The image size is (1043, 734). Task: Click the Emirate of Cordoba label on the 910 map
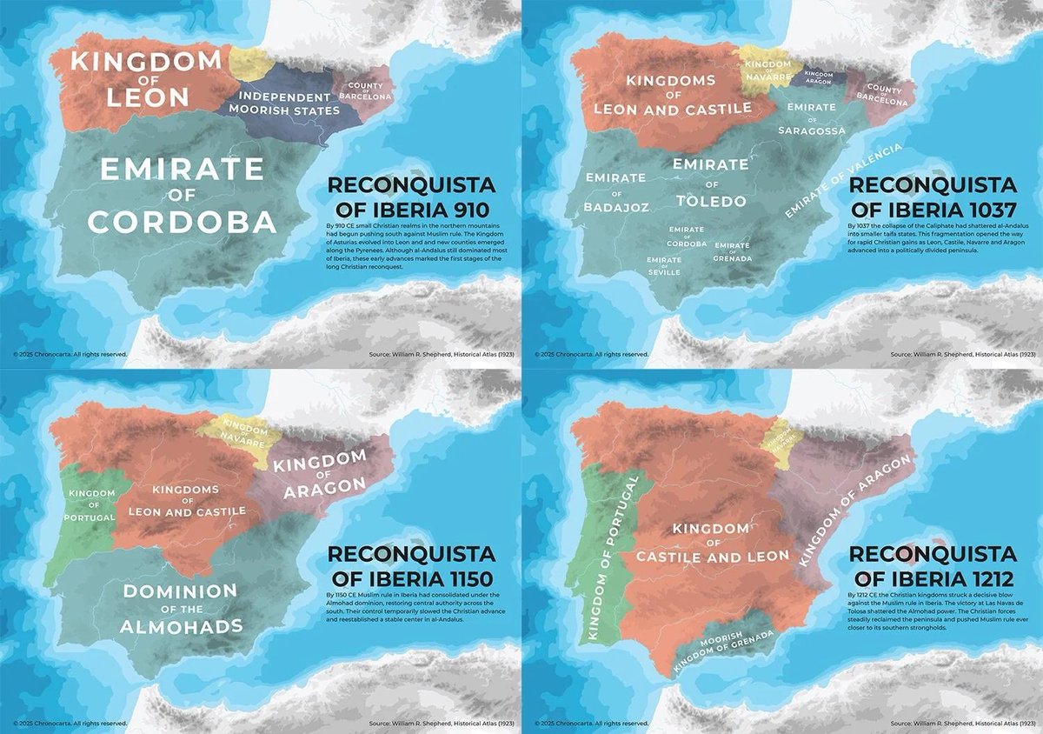coord(182,195)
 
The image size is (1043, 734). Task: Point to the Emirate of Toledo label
coord(711,183)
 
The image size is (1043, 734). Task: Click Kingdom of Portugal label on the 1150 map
coord(90,508)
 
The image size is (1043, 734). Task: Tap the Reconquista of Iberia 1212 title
coord(932,565)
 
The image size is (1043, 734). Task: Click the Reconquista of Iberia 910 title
coord(410,197)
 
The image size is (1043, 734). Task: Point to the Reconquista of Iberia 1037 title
coord(932,197)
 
